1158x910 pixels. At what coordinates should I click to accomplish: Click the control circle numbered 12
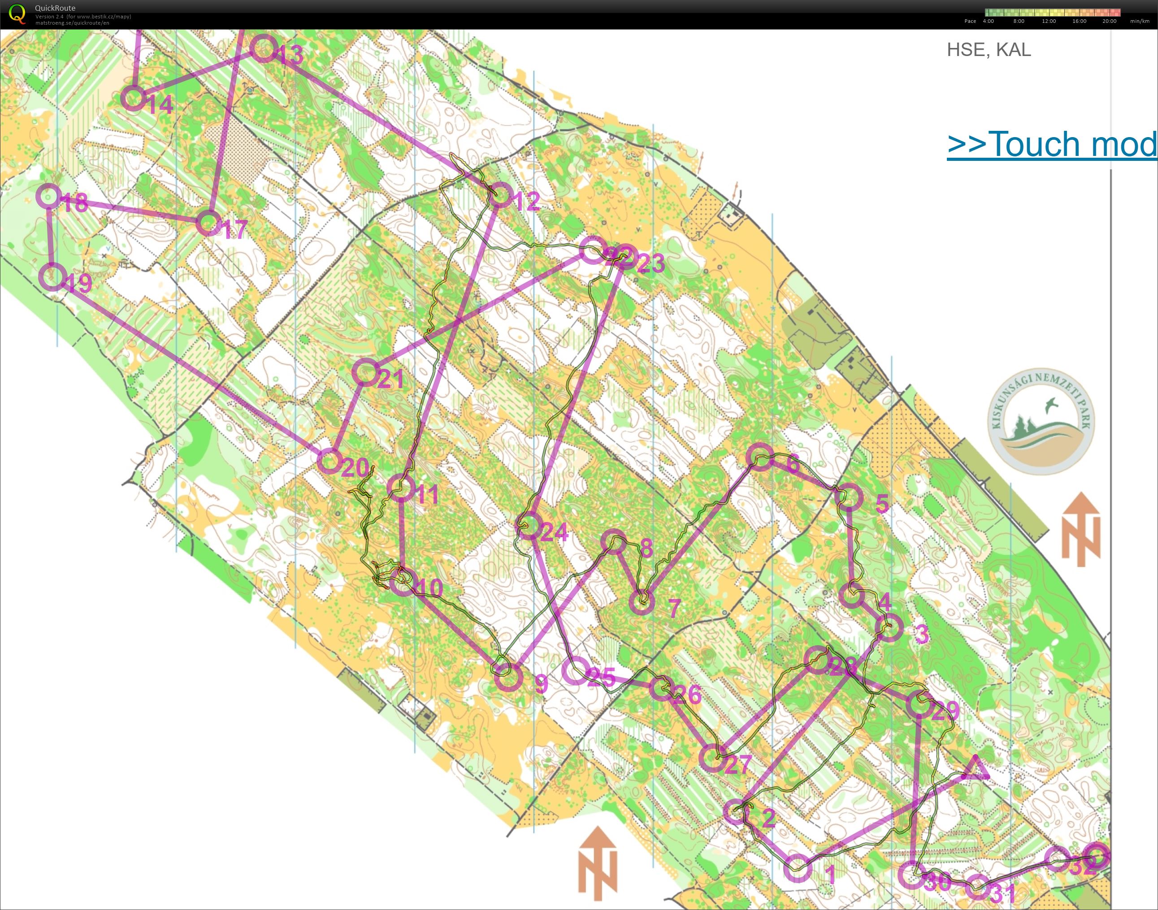coord(500,195)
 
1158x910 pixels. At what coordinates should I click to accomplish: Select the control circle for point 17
coord(208,223)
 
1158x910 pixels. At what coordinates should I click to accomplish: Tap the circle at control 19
coord(53,276)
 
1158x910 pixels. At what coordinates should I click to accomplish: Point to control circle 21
coord(366,372)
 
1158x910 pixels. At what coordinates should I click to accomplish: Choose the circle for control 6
coord(759,456)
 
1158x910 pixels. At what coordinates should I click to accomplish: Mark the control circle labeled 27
coord(712,758)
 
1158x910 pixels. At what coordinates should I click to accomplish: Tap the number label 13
coord(291,56)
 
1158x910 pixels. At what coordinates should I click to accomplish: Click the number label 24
coord(554,532)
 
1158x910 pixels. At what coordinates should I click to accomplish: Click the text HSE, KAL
coord(989,50)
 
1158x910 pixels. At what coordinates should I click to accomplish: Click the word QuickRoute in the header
coord(55,8)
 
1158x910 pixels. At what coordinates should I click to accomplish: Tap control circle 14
coord(133,98)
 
